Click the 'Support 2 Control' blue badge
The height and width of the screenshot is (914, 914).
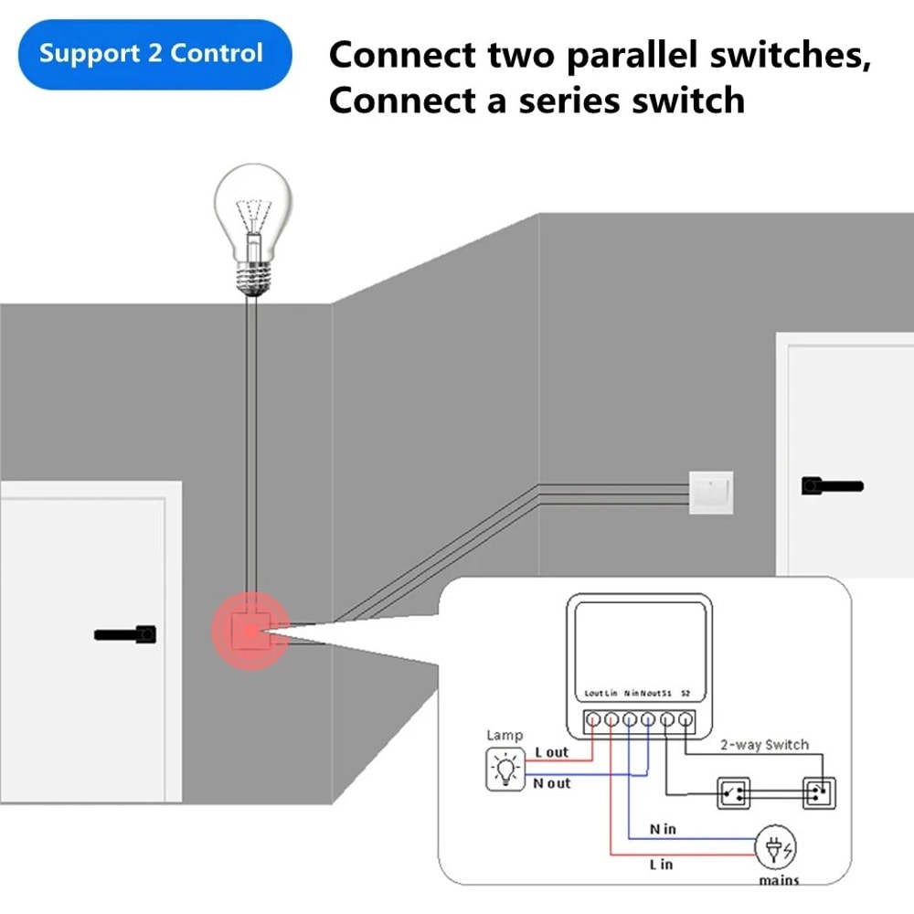coord(151,53)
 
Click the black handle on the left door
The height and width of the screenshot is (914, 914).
coord(125,632)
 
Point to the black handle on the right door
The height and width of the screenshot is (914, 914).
coord(832,485)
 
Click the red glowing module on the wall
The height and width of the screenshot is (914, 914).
coord(249,631)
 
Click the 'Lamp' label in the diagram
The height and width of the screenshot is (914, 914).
coord(505,735)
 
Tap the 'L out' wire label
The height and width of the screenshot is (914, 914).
coord(551,752)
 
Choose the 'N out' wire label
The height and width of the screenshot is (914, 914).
coord(552,783)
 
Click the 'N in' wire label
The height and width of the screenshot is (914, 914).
coord(663,829)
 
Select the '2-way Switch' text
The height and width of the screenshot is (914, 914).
coord(764,744)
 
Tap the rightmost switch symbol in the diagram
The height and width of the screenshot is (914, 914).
coord(819,792)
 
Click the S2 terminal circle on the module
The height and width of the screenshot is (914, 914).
coord(685,720)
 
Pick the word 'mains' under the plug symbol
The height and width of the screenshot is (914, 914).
coord(778,880)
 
